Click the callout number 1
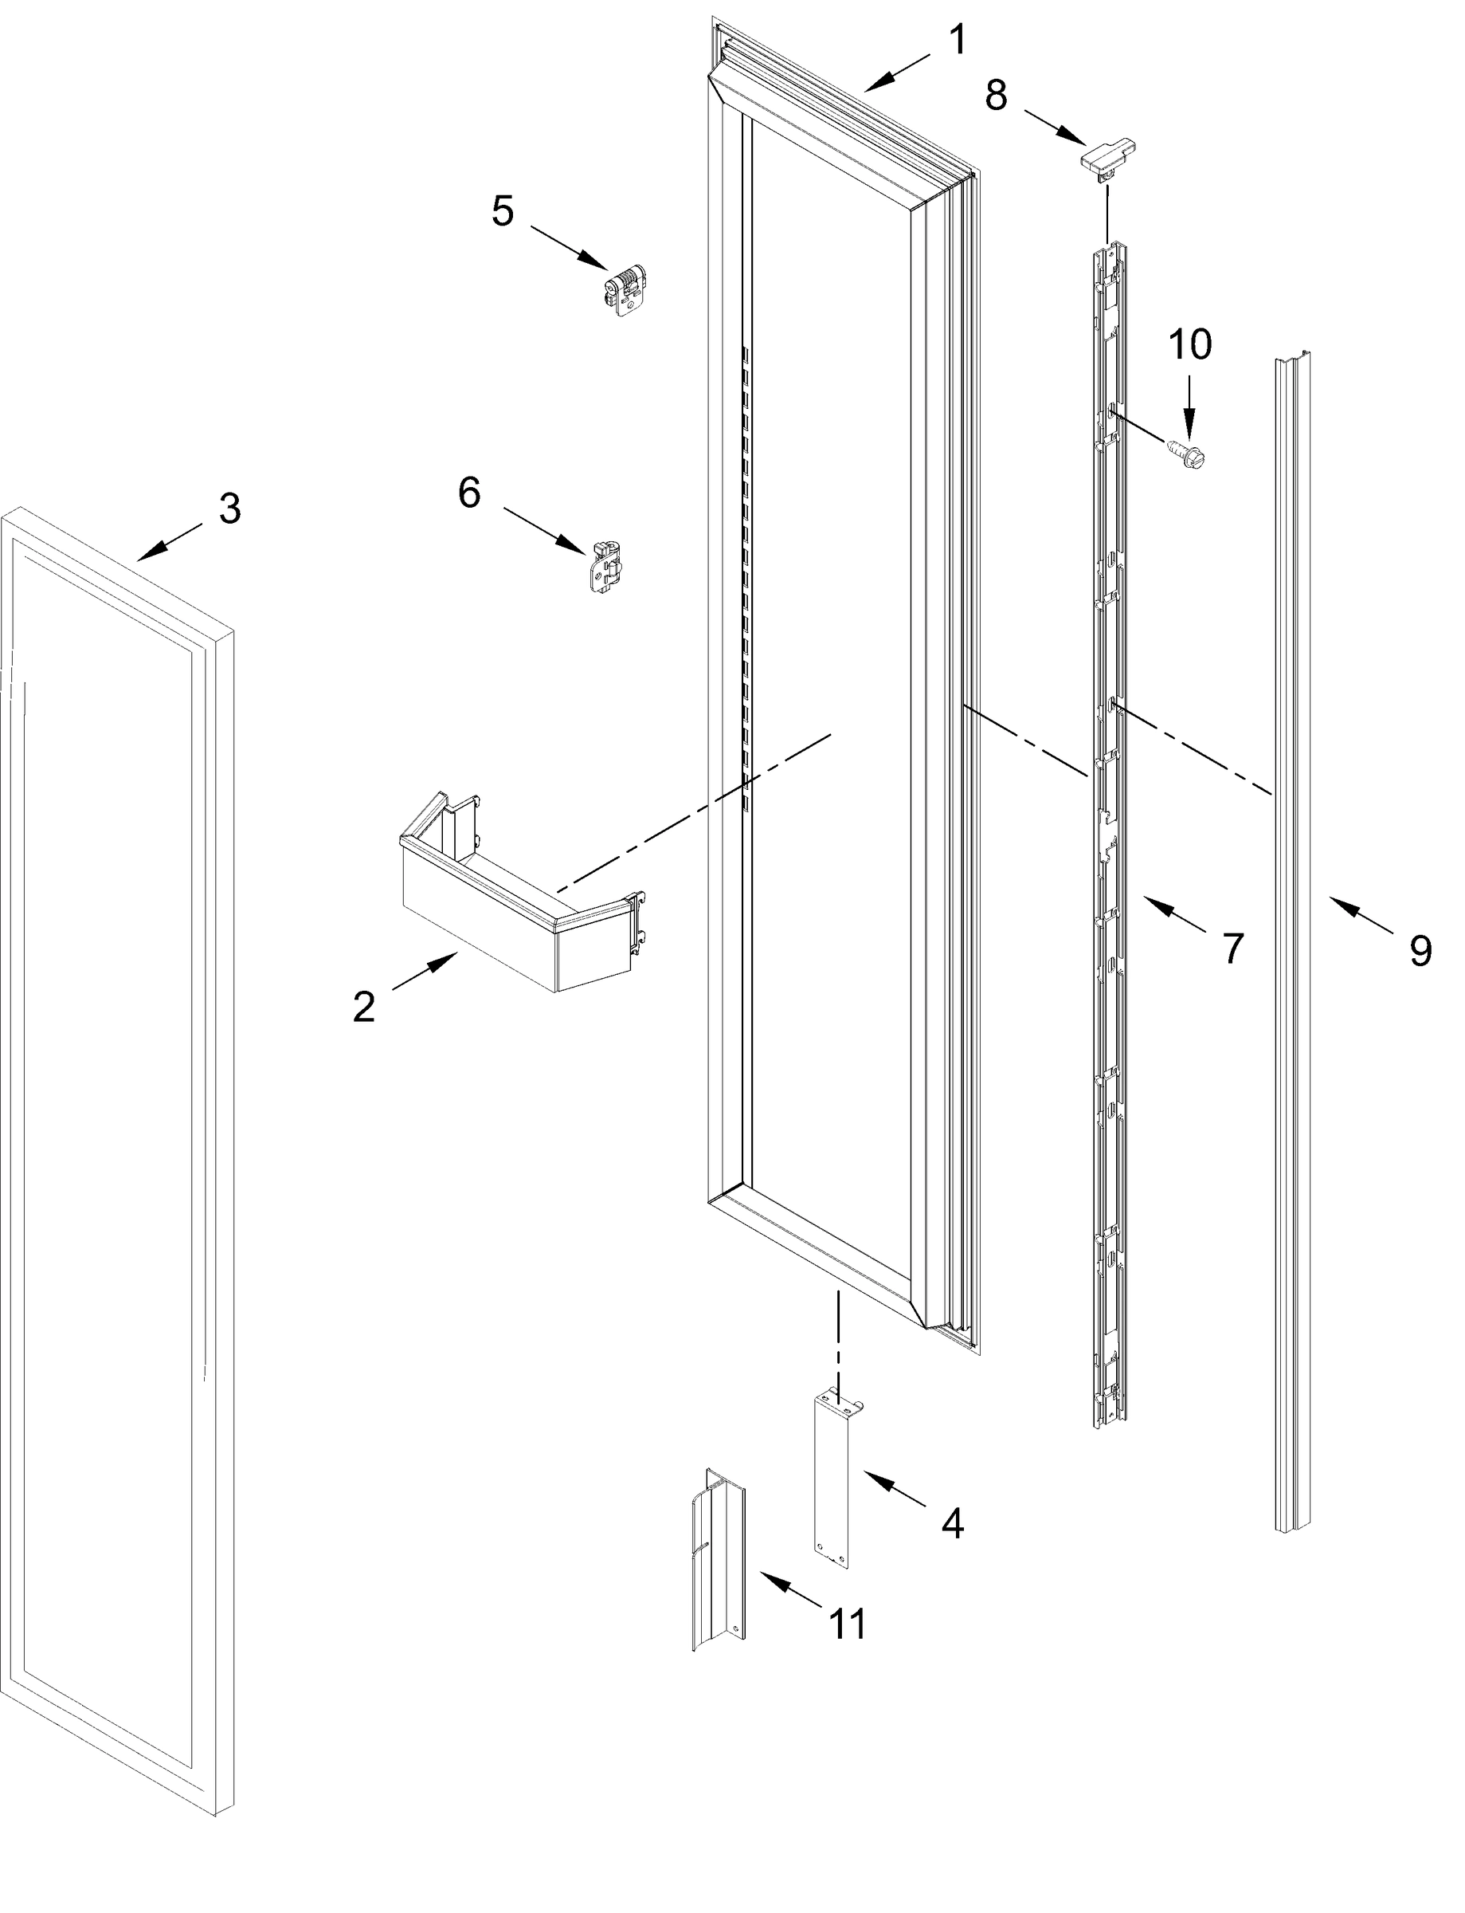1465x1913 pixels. (x=958, y=40)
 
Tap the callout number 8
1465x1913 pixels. (x=996, y=95)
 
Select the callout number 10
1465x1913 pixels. (x=1189, y=344)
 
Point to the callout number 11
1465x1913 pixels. (x=848, y=1624)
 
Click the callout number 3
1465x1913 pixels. (x=229, y=509)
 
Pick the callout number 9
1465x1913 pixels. (x=1420, y=950)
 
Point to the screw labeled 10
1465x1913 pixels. (x=1181, y=453)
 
